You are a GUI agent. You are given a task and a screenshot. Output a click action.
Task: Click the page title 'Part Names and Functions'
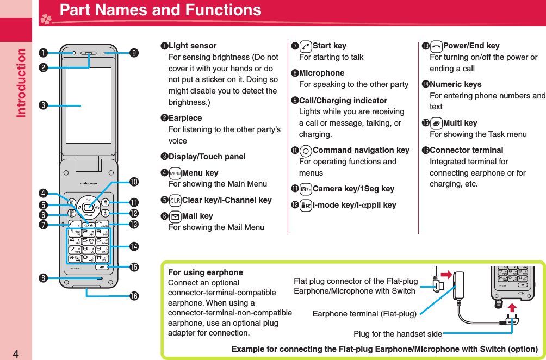pos(160,10)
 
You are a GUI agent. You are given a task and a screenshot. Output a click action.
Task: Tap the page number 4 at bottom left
pos(16,354)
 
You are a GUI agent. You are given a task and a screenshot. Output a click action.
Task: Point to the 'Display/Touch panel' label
pos(207,157)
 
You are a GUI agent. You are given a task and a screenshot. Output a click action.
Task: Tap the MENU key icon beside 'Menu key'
pos(175,173)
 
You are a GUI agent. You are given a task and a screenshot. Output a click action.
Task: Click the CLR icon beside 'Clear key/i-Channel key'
pos(175,200)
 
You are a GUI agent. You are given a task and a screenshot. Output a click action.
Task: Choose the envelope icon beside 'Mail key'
pos(175,216)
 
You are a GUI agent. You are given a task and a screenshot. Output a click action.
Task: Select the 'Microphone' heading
pos(321,73)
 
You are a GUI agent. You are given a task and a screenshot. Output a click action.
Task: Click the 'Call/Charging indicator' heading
pos(343,101)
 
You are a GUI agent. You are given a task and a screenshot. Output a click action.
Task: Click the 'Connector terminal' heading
pos(466,150)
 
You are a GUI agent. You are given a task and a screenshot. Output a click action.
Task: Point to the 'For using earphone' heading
pos(206,272)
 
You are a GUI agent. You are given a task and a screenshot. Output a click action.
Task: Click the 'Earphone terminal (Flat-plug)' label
pos(364,314)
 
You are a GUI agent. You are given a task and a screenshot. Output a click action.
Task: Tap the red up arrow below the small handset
pos(512,308)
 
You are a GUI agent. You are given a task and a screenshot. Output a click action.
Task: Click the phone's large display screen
pos(88,105)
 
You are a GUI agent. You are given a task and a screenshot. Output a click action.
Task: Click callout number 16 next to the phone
pos(134,296)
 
